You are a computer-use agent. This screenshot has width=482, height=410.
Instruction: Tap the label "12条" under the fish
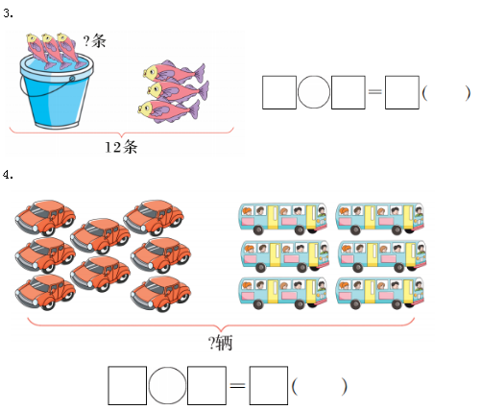121,147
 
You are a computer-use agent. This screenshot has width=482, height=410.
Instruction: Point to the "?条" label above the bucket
94,40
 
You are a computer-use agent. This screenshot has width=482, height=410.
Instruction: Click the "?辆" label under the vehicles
221,343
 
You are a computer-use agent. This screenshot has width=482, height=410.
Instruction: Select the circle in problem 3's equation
314,92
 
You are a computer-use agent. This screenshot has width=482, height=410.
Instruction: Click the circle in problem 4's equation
167,385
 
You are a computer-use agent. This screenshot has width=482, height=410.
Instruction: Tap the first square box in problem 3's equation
279,92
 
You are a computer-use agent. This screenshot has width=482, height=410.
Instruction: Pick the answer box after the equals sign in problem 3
402,92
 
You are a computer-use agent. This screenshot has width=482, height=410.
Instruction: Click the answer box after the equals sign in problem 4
269,386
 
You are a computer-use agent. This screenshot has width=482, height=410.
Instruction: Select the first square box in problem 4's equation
128,386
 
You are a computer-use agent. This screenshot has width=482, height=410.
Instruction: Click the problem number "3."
8,13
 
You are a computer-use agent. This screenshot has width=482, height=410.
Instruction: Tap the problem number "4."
8,175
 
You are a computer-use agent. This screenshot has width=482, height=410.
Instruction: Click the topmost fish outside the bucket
174,71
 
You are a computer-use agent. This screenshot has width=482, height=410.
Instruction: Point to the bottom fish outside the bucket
169,110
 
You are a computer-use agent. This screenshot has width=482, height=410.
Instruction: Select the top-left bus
283,218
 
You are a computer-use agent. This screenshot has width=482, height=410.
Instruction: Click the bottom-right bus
380,293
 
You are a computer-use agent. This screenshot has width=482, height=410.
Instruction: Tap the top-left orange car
45,218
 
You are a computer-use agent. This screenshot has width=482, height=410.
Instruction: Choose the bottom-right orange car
160,294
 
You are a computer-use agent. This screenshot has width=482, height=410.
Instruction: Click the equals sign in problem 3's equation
375,92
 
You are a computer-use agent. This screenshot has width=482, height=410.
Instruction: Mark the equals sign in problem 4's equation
238,385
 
